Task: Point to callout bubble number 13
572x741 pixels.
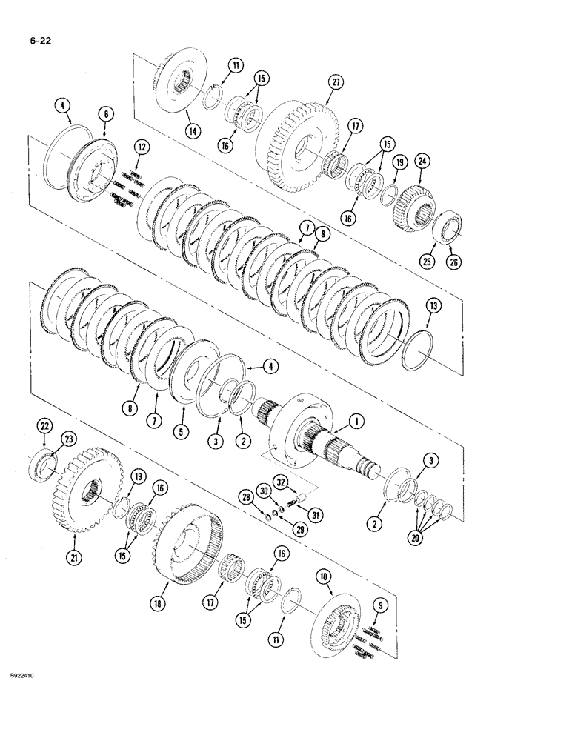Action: click(x=435, y=303)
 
